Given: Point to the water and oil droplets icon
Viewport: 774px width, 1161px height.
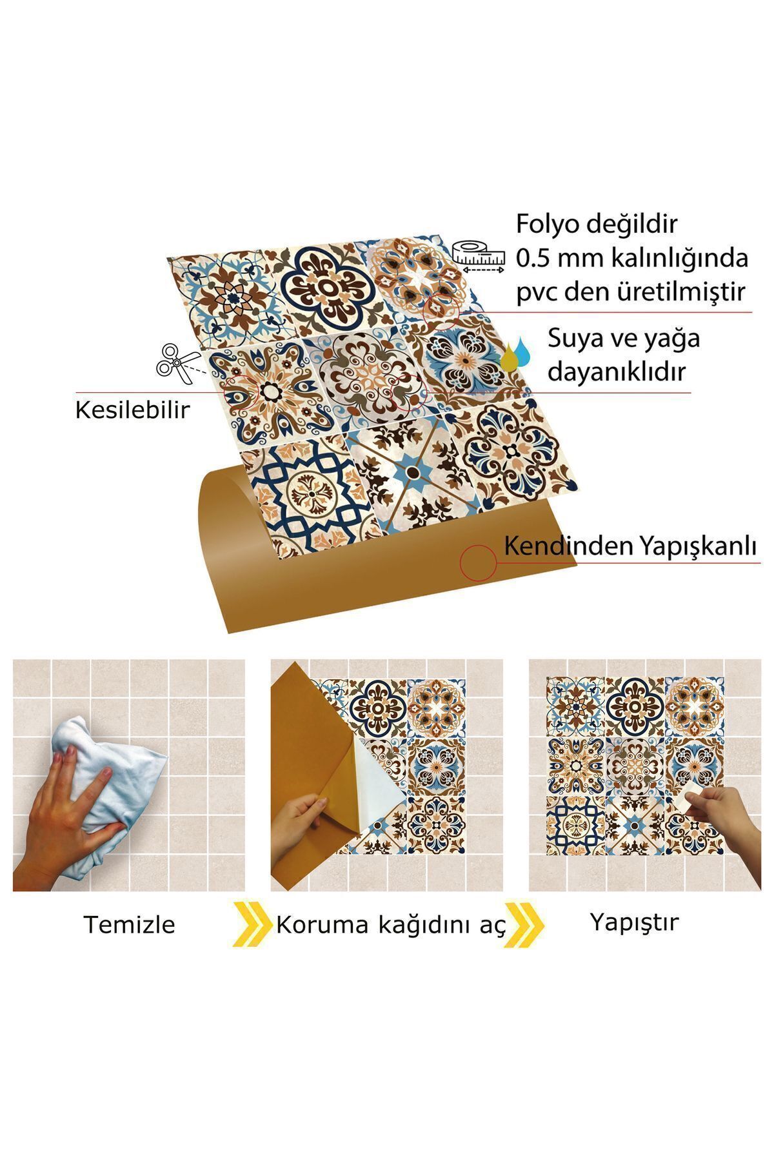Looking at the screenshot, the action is (x=515, y=355).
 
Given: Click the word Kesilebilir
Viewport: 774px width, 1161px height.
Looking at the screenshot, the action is (x=133, y=410).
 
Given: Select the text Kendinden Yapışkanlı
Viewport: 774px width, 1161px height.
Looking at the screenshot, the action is (x=629, y=546).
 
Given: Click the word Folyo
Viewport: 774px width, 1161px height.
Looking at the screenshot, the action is (x=550, y=225).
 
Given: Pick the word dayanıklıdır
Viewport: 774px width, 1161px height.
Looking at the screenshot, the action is (x=617, y=372).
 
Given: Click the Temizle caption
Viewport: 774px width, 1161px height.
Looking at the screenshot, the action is (x=129, y=924).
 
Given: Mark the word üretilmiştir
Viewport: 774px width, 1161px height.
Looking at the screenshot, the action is (x=679, y=292).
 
